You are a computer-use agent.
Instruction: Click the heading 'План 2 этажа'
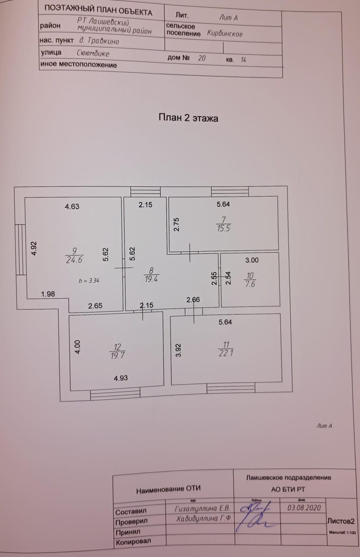(188, 118)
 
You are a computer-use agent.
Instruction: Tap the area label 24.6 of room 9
(74, 260)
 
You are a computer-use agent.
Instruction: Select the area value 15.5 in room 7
(223, 228)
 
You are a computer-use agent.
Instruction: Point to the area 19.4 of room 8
(151, 279)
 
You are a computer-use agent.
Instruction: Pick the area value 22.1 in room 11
(226, 353)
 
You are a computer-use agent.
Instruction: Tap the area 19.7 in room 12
(118, 356)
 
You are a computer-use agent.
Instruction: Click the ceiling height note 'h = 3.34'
(89, 280)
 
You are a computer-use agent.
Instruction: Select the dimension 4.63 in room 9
(72, 206)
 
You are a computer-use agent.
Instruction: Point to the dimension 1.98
(48, 294)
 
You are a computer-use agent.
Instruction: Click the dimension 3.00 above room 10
(252, 260)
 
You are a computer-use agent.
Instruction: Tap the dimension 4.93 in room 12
(121, 378)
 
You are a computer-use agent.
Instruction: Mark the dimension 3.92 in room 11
(178, 350)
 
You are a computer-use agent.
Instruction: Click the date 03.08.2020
(304, 507)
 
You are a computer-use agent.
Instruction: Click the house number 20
(202, 58)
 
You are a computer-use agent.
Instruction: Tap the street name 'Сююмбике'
(93, 54)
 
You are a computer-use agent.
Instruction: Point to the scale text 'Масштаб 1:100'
(342, 533)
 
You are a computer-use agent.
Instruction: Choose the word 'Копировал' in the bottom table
(133, 542)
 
